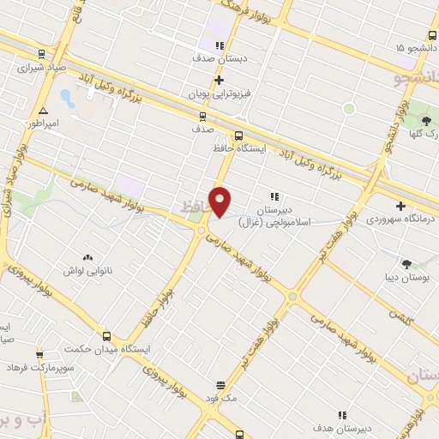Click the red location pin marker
[220, 201]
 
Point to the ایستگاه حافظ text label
[238, 148]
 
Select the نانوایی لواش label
[85, 270]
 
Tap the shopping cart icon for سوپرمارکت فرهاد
[39, 353]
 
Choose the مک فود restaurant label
[220, 399]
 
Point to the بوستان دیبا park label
[406, 277]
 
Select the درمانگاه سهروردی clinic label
[402, 219]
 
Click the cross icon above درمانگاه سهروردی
[401, 206]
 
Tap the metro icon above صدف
[202, 116]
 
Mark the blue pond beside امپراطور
[68, 97]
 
